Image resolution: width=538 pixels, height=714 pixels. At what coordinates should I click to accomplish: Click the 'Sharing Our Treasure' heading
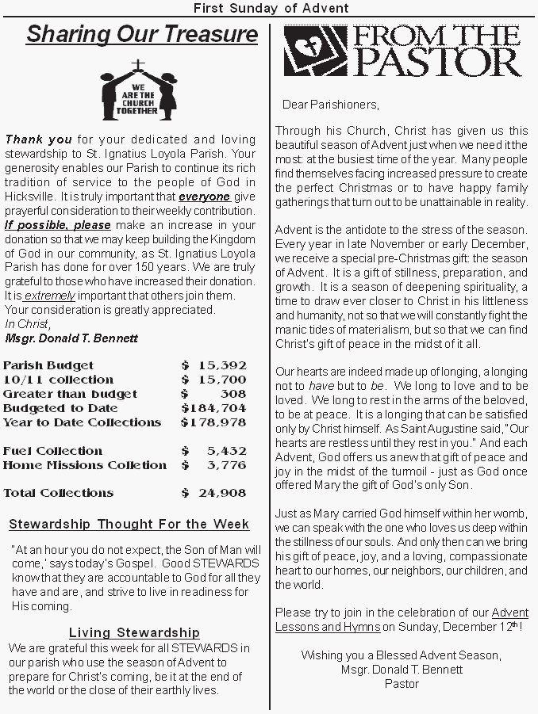(x=141, y=35)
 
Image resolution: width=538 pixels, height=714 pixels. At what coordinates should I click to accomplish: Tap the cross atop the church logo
(x=139, y=64)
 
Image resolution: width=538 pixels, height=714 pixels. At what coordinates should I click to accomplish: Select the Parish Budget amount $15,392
(x=213, y=365)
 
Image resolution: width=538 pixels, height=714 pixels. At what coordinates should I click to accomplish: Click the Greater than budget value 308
(x=232, y=394)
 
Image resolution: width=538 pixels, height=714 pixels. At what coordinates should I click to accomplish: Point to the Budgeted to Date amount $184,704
(x=213, y=408)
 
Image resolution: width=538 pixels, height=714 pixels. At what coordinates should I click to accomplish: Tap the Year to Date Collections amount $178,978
(x=213, y=422)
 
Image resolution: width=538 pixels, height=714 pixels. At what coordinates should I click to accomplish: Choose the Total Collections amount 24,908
(x=221, y=493)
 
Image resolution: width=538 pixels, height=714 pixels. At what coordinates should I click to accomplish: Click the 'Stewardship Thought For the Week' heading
(x=129, y=525)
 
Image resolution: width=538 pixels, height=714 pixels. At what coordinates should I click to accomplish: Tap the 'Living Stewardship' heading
(x=134, y=632)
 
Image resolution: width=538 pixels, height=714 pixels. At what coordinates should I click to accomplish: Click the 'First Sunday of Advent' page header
(x=271, y=9)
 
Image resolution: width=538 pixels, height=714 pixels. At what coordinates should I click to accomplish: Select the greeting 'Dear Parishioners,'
(x=331, y=105)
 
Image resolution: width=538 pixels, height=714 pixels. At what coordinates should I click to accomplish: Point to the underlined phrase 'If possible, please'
(x=58, y=224)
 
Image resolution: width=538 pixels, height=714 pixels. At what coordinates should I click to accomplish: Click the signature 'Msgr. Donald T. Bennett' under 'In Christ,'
(x=71, y=338)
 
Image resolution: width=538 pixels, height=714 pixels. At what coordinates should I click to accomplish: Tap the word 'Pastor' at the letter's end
(x=401, y=684)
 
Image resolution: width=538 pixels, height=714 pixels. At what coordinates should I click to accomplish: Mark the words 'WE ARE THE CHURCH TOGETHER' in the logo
(x=138, y=100)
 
